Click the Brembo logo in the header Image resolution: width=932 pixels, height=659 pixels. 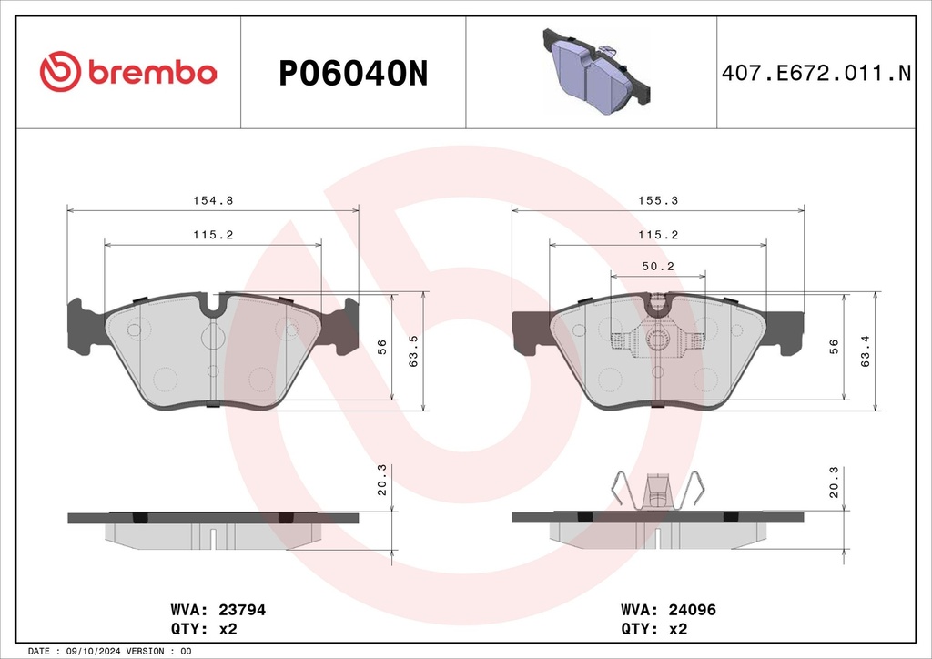tap(127, 71)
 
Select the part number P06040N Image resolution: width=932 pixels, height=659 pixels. tap(353, 74)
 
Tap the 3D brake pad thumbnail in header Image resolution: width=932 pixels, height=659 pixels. tap(595, 71)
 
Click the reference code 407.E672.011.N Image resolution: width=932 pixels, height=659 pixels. tap(816, 73)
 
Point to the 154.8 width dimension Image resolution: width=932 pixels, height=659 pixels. tap(213, 201)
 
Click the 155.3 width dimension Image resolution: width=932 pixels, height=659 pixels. tap(658, 201)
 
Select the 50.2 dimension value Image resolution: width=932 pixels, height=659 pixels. tap(658, 267)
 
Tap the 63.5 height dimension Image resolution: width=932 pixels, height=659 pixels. tap(414, 350)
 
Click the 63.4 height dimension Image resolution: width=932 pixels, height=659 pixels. tap(866, 350)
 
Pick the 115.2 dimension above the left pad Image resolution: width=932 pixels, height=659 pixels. tap(213, 236)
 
